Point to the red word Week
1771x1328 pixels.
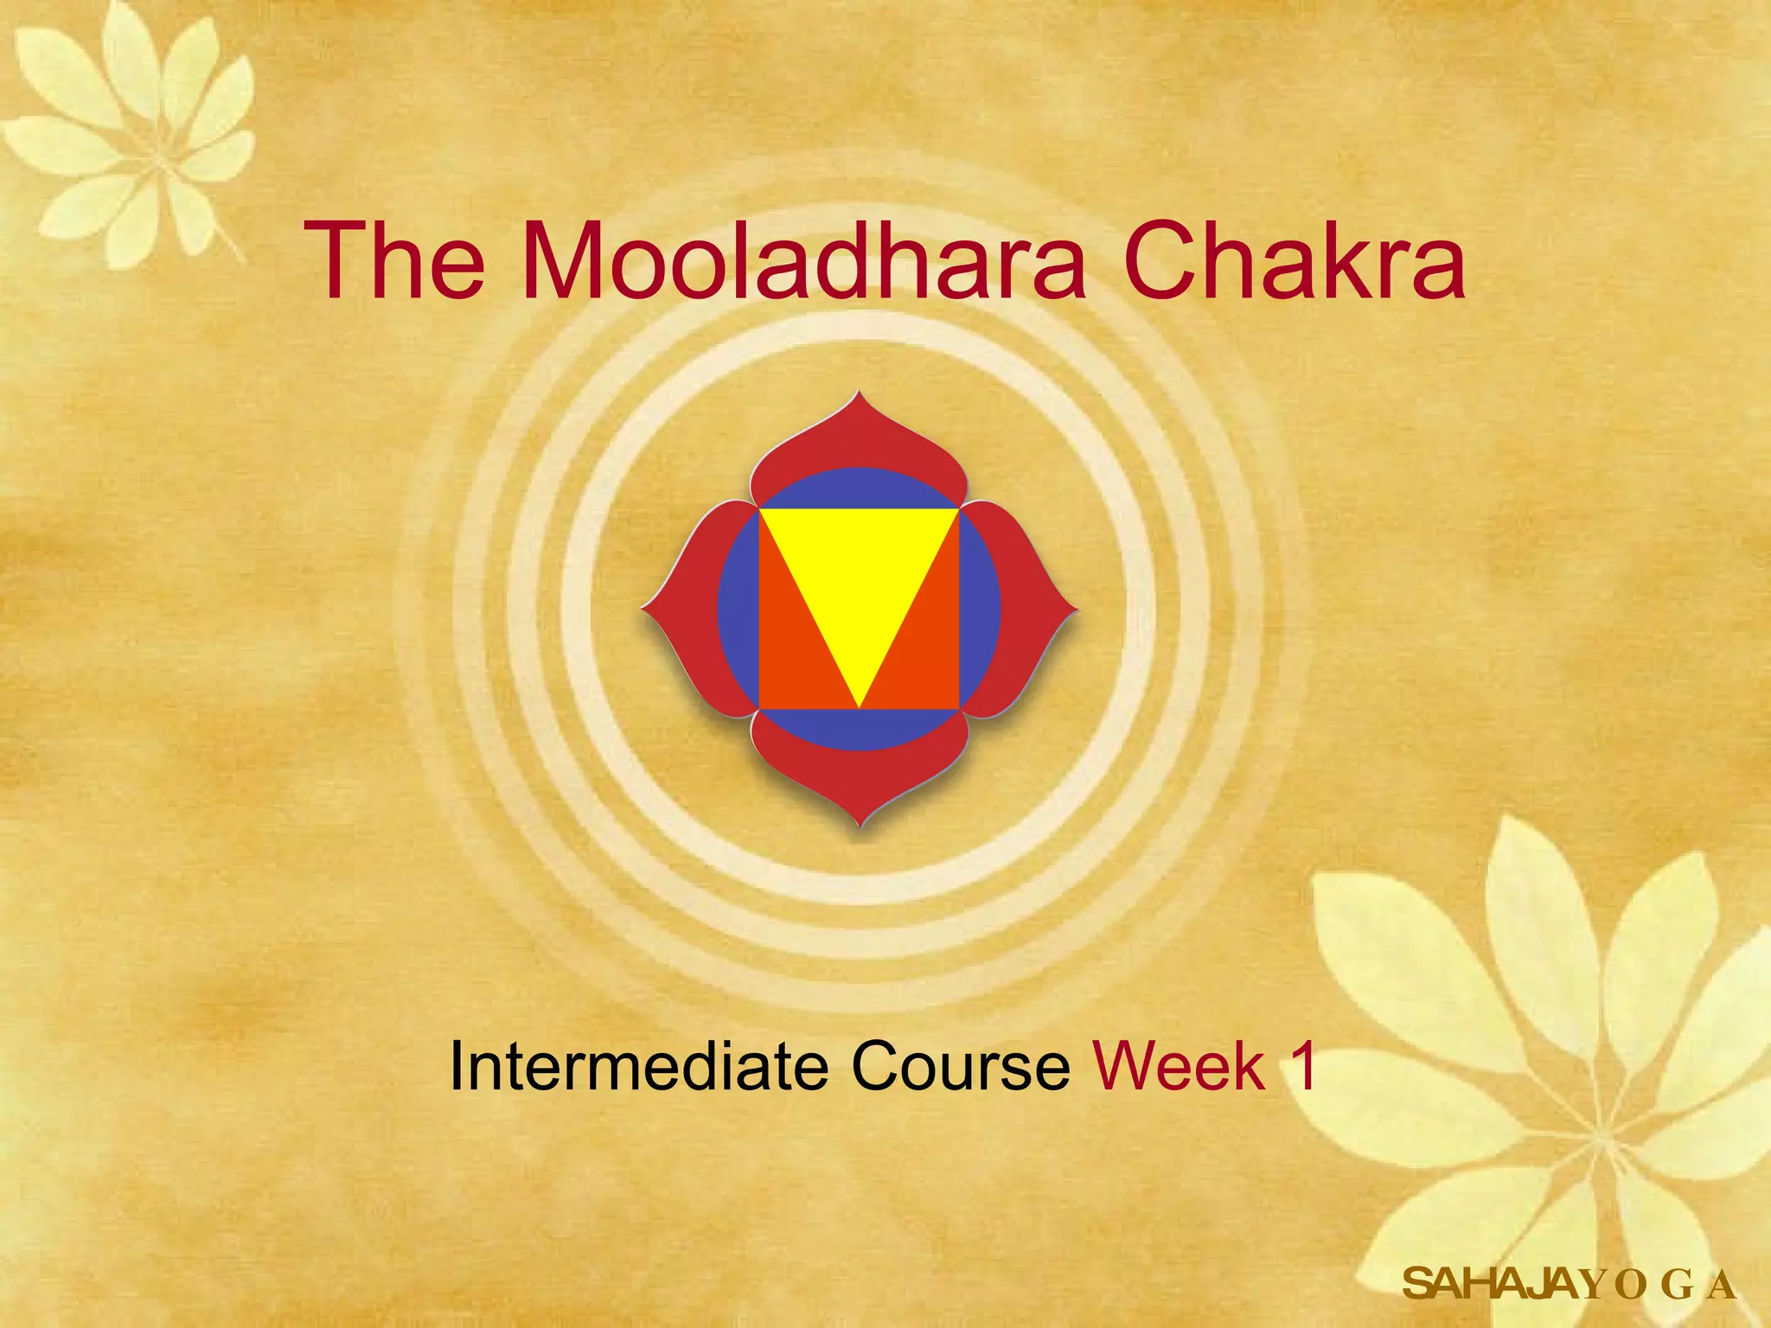click(1180, 1066)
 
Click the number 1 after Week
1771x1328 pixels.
click(1301, 1066)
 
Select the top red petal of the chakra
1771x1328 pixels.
click(859, 437)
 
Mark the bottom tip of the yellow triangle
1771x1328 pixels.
click(859, 702)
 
